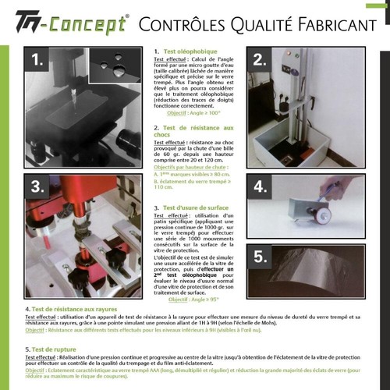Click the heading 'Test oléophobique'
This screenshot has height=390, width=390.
click(x=186, y=51)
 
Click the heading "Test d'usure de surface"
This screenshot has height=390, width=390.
click(x=200, y=208)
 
